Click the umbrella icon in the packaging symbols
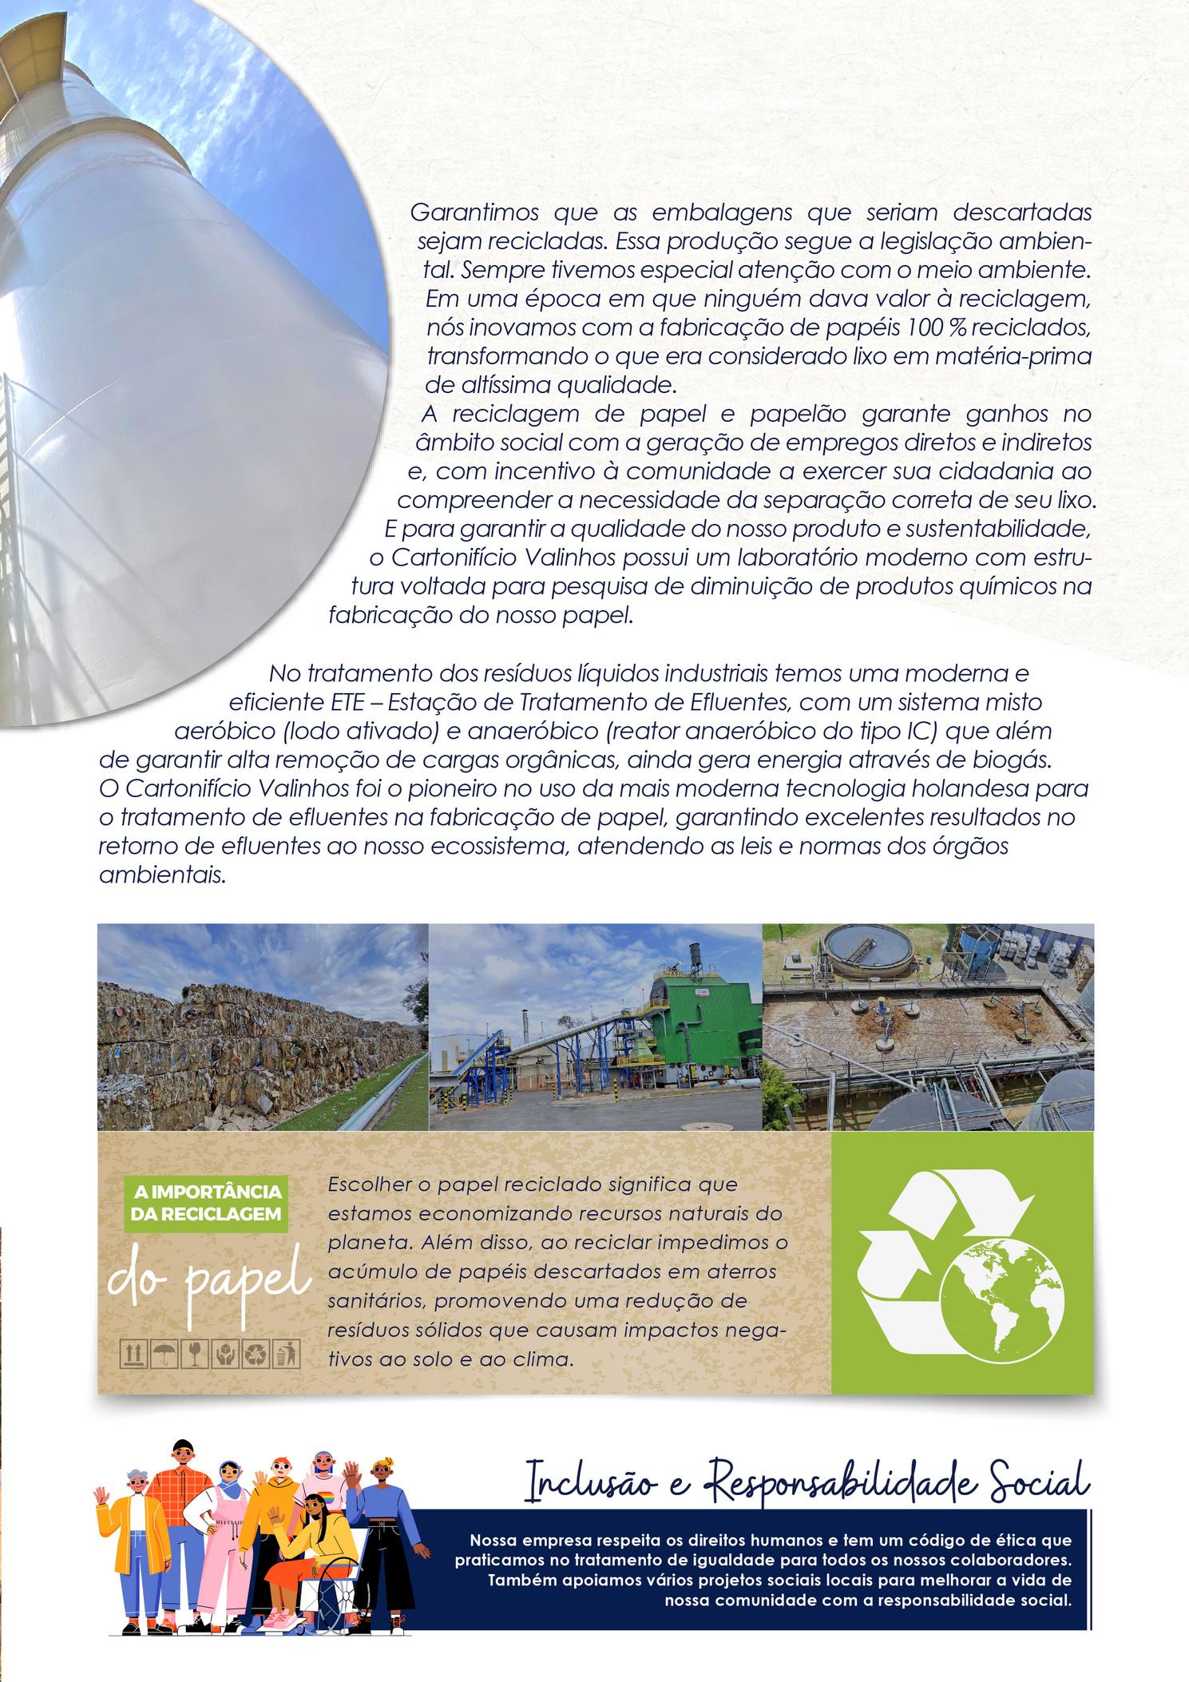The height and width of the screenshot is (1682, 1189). pyautogui.click(x=164, y=1353)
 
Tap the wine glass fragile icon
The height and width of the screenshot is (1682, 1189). pyautogui.click(x=195, y=1353)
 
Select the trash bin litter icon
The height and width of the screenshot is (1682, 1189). pyautogui.click(x=287, y=1353)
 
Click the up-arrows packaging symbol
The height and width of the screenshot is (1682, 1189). pyautogui.click(x=133, y=1353)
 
